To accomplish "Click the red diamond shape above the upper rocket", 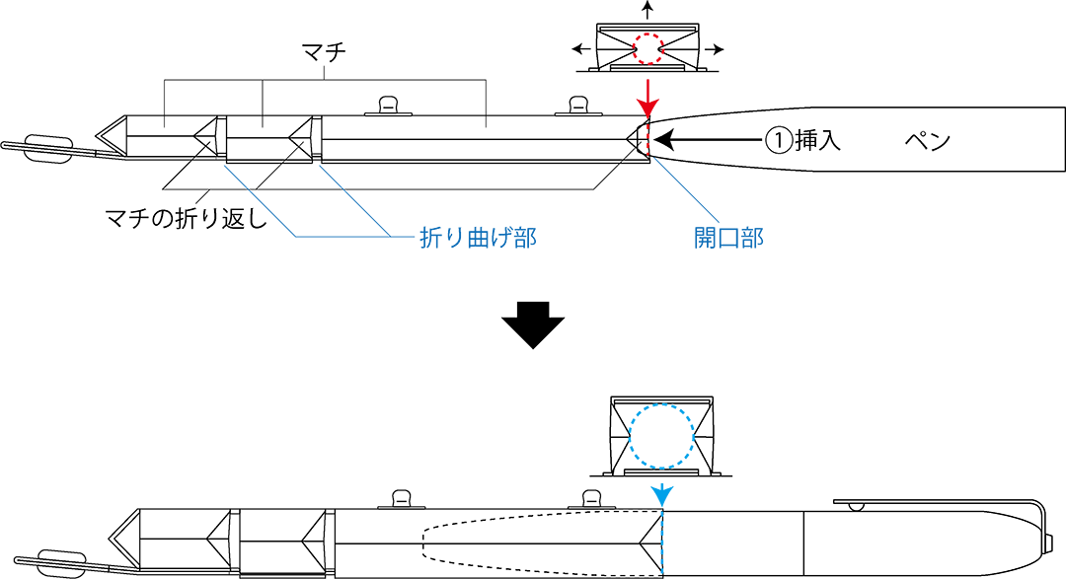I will click(649, 95).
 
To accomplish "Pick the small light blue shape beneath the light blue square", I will click(661, 490).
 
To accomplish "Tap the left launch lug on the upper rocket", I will click(388, 105).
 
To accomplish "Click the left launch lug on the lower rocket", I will click(401, 499).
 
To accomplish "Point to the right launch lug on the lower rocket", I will click(592, 499).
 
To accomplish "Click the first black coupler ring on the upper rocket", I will click(221, 137).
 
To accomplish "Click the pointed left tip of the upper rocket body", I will click(101, 137).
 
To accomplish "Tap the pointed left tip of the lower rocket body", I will click(112, 541).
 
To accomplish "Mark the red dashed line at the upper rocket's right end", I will click(650, 139).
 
